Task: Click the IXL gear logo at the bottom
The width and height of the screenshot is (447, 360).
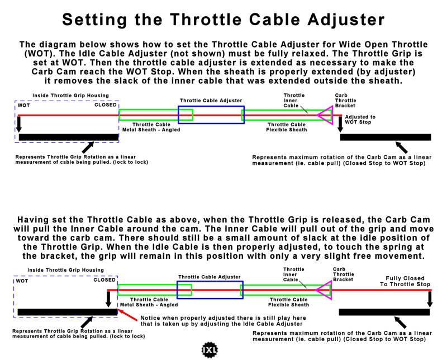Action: [x=210, y=349]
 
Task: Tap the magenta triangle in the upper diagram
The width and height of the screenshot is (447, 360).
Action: [x=325, y=115]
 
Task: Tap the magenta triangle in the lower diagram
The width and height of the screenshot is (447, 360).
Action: [x=324, y=290]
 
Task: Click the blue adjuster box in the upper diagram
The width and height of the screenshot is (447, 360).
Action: [x=211, y=115]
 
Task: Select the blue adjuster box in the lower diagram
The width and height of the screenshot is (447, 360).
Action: [x=210, y=290]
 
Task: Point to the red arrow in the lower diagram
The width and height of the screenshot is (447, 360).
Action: [x=127, y=315]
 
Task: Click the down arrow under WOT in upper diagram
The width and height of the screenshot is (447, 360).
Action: [x=19, y=124]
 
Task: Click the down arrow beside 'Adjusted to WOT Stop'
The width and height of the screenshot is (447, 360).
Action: [x=340, y=124]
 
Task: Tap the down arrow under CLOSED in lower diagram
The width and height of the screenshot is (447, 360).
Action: [x=108, y=299]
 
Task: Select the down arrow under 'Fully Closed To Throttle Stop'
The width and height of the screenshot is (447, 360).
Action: [x=430, y=299]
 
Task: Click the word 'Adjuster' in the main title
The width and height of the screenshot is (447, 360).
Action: [x=346, y=20]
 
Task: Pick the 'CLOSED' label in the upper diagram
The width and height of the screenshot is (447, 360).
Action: [x=106, y=105]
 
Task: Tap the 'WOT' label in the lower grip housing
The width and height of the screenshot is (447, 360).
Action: [x=22, y=281]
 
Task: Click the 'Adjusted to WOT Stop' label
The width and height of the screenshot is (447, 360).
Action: [x=360, y=120]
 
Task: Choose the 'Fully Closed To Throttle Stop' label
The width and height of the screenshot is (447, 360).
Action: [x=405, y=281]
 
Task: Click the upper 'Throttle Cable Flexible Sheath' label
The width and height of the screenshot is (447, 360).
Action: [x=287, y=127]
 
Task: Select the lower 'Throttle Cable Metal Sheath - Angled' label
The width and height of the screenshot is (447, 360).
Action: [x=149, y=302]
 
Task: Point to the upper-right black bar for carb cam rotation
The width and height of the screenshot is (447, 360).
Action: [x=386, y=137]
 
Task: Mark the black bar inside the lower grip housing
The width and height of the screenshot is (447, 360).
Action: [x=67, y=312]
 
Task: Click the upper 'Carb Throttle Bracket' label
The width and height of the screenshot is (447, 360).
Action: [x=345, y=101]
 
